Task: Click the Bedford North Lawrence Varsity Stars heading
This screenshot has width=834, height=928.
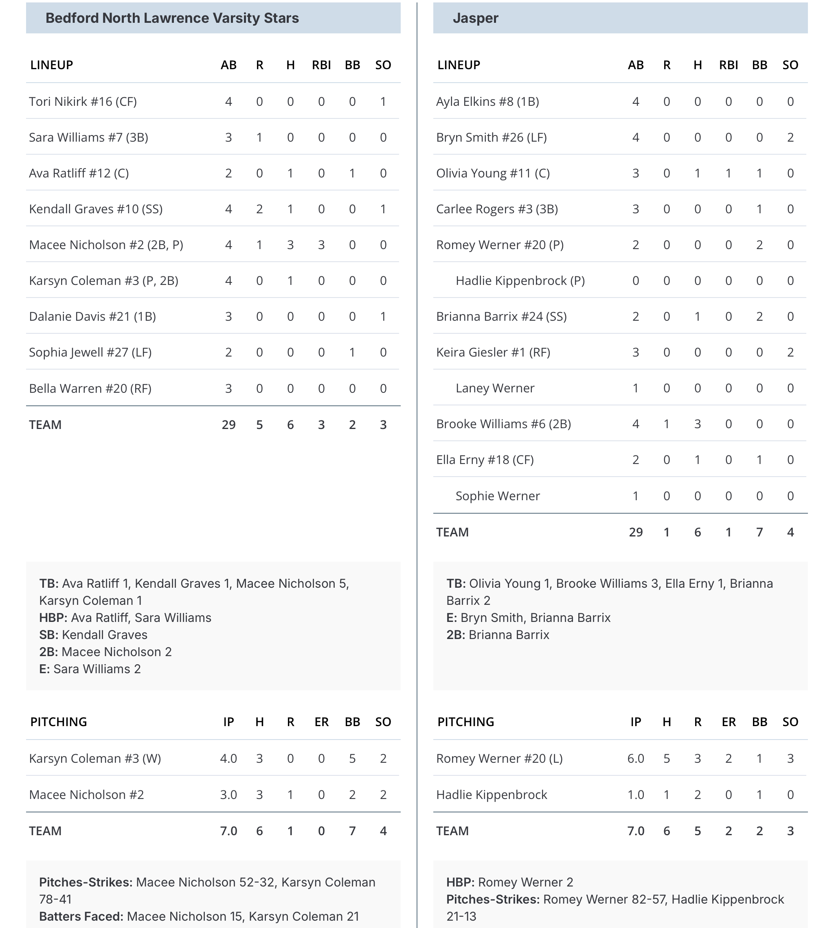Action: (172, 18)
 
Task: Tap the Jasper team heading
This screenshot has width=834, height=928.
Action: (475, 18)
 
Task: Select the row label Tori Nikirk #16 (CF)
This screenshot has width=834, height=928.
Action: (83, 101)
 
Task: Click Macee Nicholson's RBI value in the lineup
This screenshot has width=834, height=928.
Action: (321, 245)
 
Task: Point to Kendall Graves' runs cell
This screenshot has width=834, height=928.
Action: (259, 209)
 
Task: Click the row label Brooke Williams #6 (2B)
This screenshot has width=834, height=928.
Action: (503, 424)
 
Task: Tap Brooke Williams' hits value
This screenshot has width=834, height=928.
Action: (698, 424)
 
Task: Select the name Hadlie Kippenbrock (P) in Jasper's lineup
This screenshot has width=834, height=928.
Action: (520, 280)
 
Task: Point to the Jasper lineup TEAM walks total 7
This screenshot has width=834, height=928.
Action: (759, 532)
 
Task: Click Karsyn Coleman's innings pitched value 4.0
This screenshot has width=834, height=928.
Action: (228, 759)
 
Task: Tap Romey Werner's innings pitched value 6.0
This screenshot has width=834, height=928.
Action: (636, 759)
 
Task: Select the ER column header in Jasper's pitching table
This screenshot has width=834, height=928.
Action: (729, 722)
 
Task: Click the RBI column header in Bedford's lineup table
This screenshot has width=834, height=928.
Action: (321, 65)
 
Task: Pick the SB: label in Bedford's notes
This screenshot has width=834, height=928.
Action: (48, 635)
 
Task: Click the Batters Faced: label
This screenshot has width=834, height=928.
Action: (81, 916)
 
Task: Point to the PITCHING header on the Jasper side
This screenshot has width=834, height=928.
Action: (465, 722)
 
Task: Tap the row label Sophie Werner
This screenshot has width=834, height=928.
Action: (498, 496)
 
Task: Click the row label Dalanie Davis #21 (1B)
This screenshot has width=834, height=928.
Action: (92, 317)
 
